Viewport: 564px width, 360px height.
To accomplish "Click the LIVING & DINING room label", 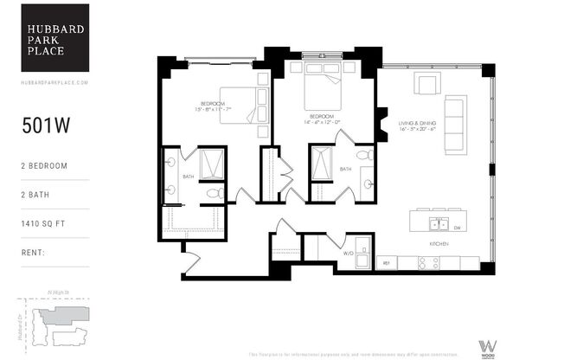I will [x=418, y=125].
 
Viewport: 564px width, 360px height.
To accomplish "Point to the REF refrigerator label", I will [x=386, y=262].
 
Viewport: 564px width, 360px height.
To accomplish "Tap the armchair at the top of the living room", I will [x=426, y=83].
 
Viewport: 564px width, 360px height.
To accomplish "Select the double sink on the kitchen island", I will [x=439, y=225].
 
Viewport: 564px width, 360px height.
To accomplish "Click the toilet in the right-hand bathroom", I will [x=365, y=155].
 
